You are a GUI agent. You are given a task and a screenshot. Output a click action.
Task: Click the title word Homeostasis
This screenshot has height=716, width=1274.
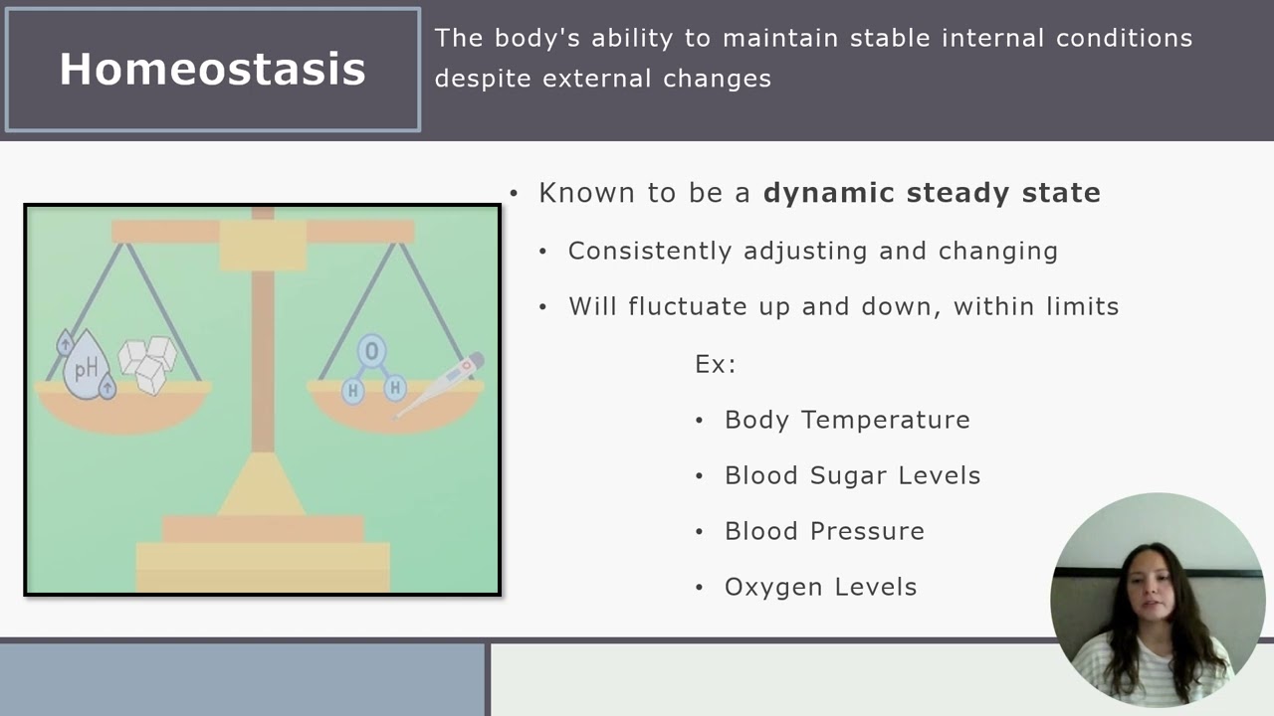pos(212,69)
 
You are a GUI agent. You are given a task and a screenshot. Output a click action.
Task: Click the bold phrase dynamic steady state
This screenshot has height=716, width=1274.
pos(932,193)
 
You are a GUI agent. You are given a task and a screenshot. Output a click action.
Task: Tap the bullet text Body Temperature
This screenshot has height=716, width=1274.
pos(847,420)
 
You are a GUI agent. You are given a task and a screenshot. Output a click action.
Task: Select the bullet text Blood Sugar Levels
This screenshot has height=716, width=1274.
pos(853,475)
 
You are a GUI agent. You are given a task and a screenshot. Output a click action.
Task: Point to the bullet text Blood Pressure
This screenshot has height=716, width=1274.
pos(824,531)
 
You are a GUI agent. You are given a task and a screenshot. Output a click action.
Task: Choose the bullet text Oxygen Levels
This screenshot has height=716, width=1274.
pos(821,587)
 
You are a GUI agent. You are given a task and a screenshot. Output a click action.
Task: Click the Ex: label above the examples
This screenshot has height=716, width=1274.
pos(716,364)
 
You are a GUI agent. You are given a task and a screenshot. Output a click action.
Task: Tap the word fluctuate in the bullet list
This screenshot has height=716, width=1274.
pos(687,306)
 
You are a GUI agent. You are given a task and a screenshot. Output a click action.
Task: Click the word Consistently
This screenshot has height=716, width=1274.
pos(650,252)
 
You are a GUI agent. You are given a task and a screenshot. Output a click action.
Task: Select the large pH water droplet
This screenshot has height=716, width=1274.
pos(87,367)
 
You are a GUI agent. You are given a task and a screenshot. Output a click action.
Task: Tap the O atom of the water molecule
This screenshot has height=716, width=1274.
pos(372,351)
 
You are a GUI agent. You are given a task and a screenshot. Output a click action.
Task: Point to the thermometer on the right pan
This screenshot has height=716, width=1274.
pos(439,385)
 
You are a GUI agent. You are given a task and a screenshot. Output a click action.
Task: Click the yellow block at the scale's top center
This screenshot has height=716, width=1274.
pos(263,245)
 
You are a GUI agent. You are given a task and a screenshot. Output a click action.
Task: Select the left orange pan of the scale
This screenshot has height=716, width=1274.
pos(122,408)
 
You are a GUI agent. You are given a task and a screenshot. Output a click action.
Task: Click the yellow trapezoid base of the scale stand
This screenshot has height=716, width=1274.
pos(262,484)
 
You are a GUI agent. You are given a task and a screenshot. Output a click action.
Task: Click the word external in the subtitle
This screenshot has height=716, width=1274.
pos(596,79)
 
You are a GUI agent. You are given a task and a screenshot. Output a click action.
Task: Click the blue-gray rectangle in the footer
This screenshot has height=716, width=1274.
pos(242,679)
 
